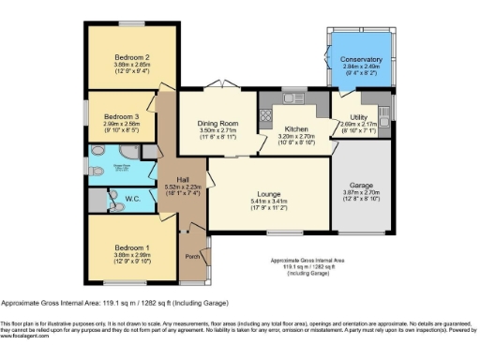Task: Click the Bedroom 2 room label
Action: click(x=130, y=55)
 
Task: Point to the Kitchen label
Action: click(x=296, y=128)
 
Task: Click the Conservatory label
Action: click(x=361, y=59)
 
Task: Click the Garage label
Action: click(x=361, y=185)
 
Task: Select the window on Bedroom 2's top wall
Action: click(x=130, y=23)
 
